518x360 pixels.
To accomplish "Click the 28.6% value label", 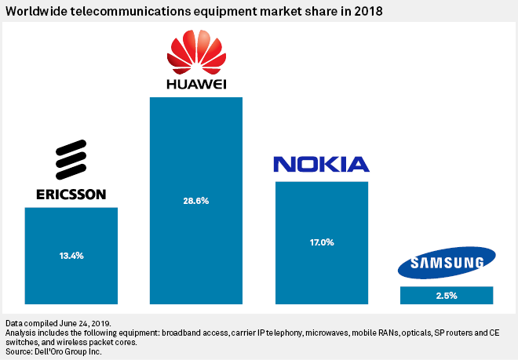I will [196, 202].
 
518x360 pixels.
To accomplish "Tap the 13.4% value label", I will [71, 256].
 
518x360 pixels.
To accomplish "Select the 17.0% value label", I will [321, 242].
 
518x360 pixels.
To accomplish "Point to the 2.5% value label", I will [446, 296].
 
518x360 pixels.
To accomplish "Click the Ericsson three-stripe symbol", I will [71, 161].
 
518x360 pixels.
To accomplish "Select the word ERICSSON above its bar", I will [71, 194].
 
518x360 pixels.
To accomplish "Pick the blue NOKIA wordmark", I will [321, 165].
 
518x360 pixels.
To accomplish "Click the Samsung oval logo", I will [446, 263].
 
